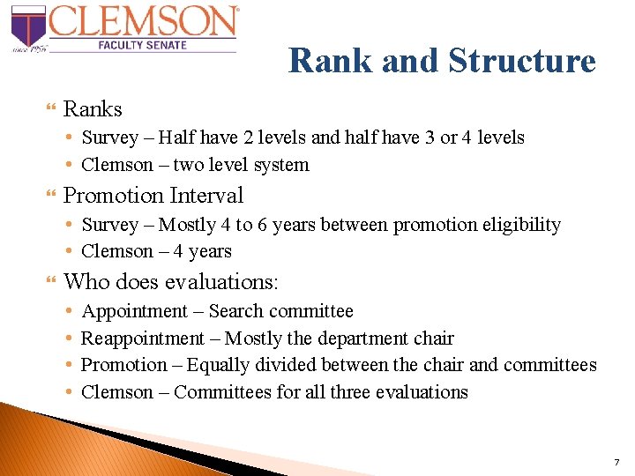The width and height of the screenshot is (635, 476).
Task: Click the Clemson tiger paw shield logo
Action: pyautogui.click(x=27, y=27)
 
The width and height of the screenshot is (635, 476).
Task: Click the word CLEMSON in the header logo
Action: pyautogui.click(x=144, y=22)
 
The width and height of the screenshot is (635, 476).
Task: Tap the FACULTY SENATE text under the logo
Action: pyautogui.click(x=143, y=44)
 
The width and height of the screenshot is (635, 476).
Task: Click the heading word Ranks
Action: pyautogui.click(x=93, y=109)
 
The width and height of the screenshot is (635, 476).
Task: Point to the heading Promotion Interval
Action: pyautogui.click(x=153, y=195)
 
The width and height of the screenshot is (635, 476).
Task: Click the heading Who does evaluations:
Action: pyautogui.click(x=171, y=282)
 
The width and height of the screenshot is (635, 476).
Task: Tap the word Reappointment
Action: pyautogui.click(x=142, y=338)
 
